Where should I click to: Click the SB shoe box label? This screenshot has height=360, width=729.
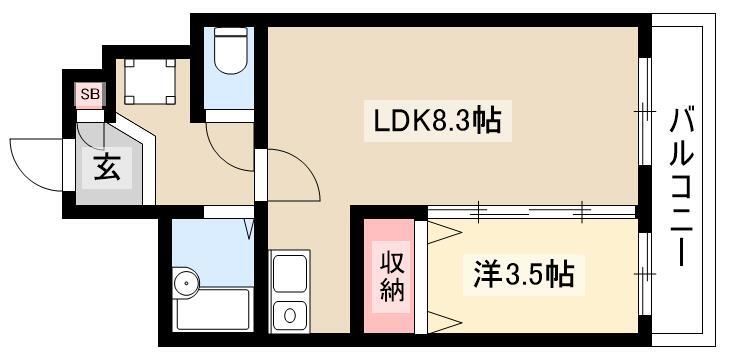click(x=90, y=95)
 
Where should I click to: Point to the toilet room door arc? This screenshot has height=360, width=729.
click(x=228, y=140)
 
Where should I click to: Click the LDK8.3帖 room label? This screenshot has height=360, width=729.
click(x=437, y=123)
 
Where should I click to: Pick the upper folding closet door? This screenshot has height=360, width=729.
click(x=443, y=232)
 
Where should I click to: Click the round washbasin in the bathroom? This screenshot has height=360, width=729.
click(x=185, y=285)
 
